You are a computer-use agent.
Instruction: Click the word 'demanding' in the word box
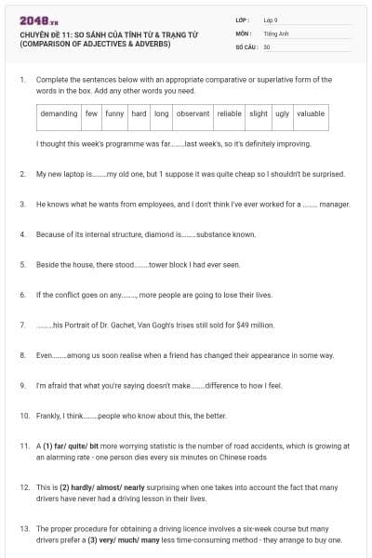click(59, 114)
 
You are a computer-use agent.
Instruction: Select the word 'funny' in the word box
click(114, 114)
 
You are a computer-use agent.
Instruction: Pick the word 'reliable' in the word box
click(229, 114)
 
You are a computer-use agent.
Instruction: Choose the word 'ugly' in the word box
click(283, 114)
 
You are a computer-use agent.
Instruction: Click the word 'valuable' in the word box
click(311, 114)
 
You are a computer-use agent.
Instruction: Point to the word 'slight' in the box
click(259, 114)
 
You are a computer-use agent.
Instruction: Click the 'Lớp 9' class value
click(271, 20)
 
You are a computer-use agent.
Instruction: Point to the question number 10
click(23, 415)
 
